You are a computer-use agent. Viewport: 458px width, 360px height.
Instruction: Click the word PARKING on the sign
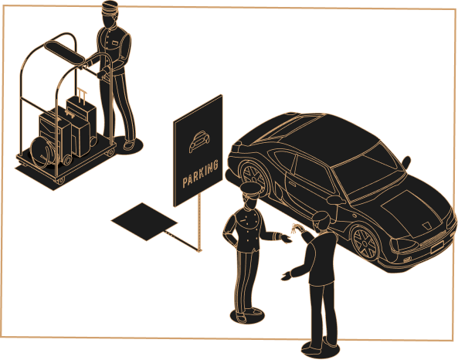200,174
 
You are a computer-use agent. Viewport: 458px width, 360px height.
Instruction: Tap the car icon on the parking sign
199,141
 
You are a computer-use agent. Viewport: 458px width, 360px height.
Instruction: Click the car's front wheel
365,243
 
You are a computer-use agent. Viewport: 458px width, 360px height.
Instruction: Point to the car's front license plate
438,247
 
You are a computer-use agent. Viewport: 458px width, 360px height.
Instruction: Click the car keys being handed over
295,228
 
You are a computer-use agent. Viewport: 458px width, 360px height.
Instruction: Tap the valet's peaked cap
250,188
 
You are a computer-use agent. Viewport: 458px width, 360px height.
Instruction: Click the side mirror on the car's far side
406,161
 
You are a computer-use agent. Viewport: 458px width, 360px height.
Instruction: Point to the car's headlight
405,245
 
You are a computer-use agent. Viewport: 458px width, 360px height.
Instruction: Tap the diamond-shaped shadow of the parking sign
144,222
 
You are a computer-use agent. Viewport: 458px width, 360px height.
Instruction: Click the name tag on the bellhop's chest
115,43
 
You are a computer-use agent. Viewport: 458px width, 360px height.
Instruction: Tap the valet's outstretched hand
286,238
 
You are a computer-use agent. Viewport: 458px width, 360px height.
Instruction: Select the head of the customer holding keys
321,220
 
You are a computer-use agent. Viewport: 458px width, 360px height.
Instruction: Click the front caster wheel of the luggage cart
60,180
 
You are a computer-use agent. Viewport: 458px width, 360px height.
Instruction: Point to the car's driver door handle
292,183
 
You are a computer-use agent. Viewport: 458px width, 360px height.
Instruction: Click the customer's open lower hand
287,276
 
